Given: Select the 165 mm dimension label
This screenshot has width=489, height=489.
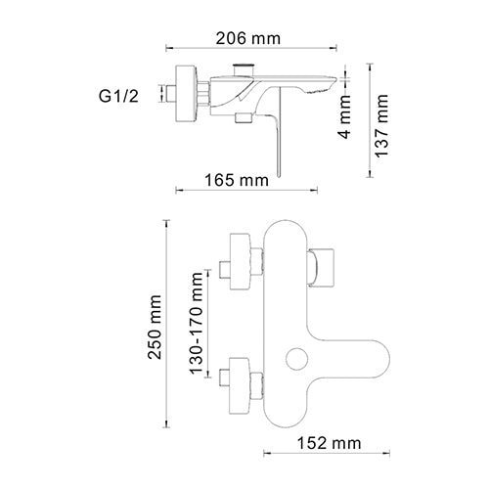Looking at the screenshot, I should [240, 179].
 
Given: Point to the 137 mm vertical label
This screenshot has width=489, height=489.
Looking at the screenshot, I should [383, 125].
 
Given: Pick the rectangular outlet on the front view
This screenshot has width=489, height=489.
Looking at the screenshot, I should [324, 267].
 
